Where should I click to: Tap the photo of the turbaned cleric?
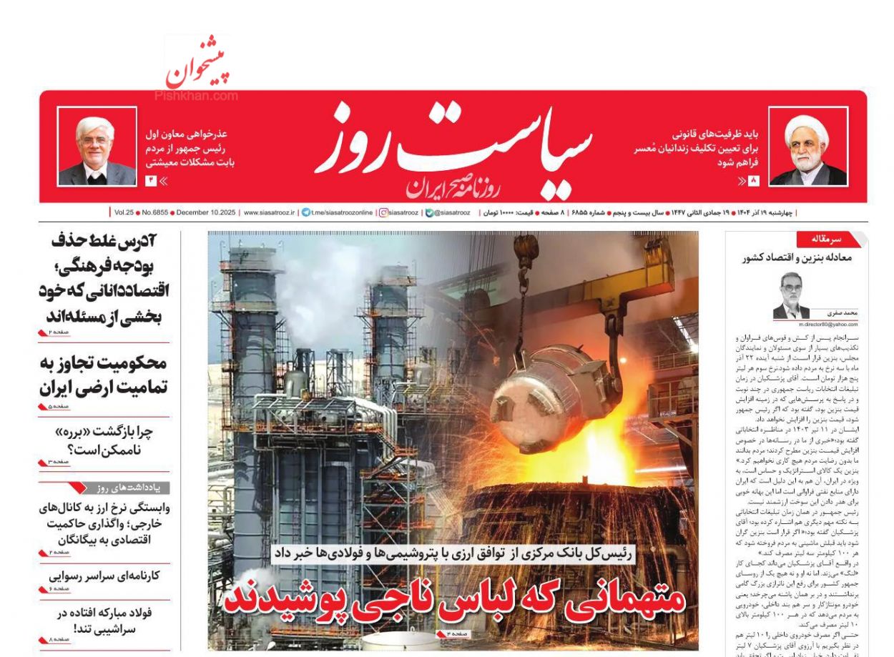[808, 147]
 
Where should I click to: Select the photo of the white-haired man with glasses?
[97, 147]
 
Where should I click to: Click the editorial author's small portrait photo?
[792, 295]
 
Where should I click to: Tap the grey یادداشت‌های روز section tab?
[129, 488]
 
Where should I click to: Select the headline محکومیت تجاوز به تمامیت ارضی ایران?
[104, 375]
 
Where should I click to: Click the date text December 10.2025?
[205, 212]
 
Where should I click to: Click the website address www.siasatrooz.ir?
[270, 212]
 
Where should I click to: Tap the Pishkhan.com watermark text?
[195, 95]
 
